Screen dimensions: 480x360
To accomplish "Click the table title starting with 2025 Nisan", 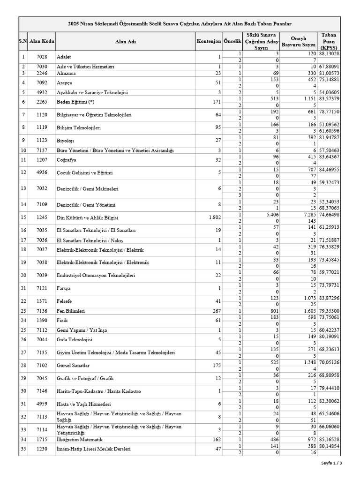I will click(x=180, y=23).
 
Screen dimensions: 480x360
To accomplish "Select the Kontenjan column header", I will click(x=209, y=41).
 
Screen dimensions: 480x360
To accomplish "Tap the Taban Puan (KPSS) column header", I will click(x=329, y=41).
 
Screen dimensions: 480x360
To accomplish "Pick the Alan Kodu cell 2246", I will click(x=42, y=73).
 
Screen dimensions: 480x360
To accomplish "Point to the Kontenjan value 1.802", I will click(x=213, y=217).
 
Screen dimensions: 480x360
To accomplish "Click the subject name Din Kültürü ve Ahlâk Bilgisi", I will click(x=87, y=217).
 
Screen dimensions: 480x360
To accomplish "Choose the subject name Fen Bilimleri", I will click(x=70, y=311).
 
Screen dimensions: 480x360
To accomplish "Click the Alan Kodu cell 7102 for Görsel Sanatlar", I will click(x=42, y=365).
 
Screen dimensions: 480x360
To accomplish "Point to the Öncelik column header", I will click(x=232, y=41).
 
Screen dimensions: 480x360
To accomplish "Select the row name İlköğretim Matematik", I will click(x=78, y=439).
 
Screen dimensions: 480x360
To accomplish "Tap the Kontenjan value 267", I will click(x=216, y=311).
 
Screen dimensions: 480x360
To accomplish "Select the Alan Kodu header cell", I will click(x=42, y=41).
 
